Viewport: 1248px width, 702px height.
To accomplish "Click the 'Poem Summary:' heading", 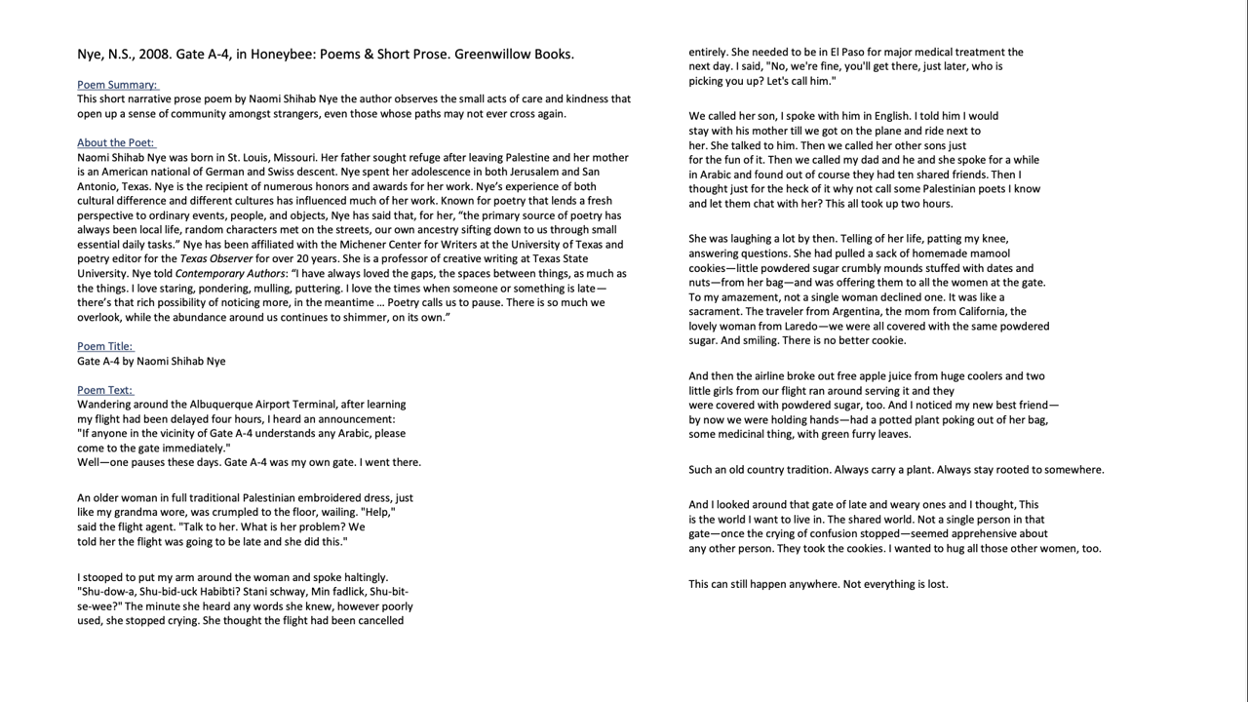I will coord(117,85).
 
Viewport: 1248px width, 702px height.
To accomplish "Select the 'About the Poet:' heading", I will coord(116,142).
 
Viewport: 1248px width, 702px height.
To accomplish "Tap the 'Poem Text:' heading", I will coord(105,390).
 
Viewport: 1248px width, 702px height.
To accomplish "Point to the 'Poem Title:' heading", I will coord(105,346).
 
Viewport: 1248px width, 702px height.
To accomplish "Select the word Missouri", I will coord(291,157).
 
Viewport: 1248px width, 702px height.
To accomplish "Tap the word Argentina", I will coord(859,312).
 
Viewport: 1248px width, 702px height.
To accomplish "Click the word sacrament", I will coord(718,312).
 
